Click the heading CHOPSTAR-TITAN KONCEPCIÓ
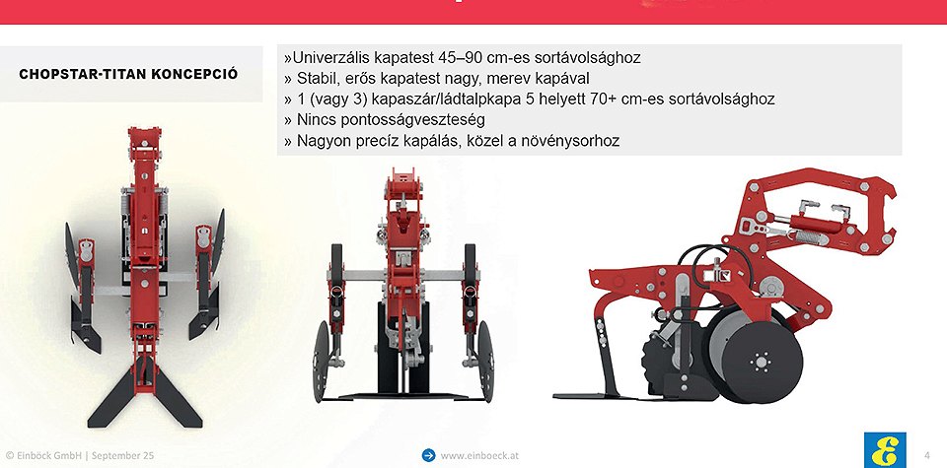coord(128,74)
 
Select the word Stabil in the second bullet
coord(317,79)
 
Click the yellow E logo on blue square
coord(885,450)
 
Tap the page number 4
coord(927,455)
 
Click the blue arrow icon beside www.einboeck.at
coord(428,455)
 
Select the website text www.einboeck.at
coord(479,456)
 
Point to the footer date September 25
coord(121,456)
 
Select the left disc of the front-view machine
coord(321,362)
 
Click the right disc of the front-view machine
coord(485,362)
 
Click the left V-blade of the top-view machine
coord(113,399)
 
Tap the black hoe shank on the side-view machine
coord(605,356)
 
